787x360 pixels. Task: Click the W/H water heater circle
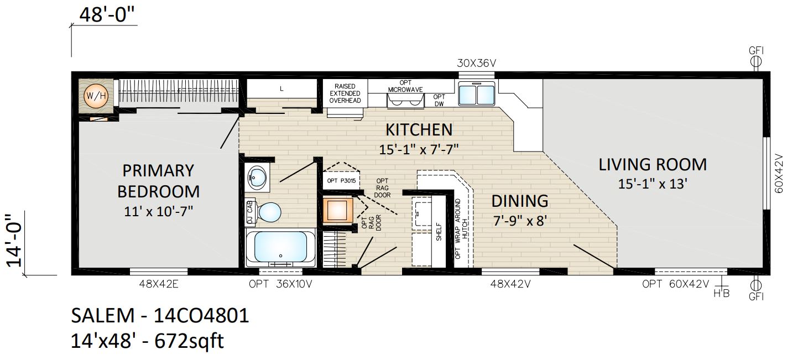96,96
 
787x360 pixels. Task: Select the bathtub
280,248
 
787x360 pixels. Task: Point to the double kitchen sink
476,93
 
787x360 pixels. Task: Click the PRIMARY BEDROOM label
159,181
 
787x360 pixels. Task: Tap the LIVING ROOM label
653,165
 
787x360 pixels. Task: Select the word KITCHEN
419,129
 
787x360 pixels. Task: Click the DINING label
520,201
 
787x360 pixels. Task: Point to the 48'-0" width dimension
107,15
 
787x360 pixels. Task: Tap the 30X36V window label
476,63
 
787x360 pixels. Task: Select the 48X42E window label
159,284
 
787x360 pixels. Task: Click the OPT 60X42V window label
675,284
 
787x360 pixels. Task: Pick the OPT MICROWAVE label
405,86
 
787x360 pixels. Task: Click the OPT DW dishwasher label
439,100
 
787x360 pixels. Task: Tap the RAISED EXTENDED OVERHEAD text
345,93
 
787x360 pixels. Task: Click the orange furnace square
337,210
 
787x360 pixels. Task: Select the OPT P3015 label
341,181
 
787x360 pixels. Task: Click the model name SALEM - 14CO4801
160,315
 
